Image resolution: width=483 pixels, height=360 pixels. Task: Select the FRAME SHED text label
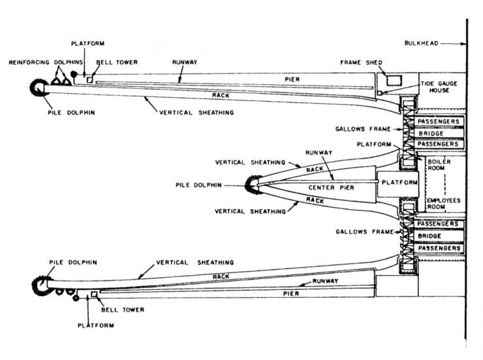361,63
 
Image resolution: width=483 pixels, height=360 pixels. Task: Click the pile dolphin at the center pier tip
251,186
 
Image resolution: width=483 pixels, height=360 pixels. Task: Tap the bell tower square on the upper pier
89,80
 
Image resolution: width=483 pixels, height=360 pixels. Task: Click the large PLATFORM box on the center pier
398,184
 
